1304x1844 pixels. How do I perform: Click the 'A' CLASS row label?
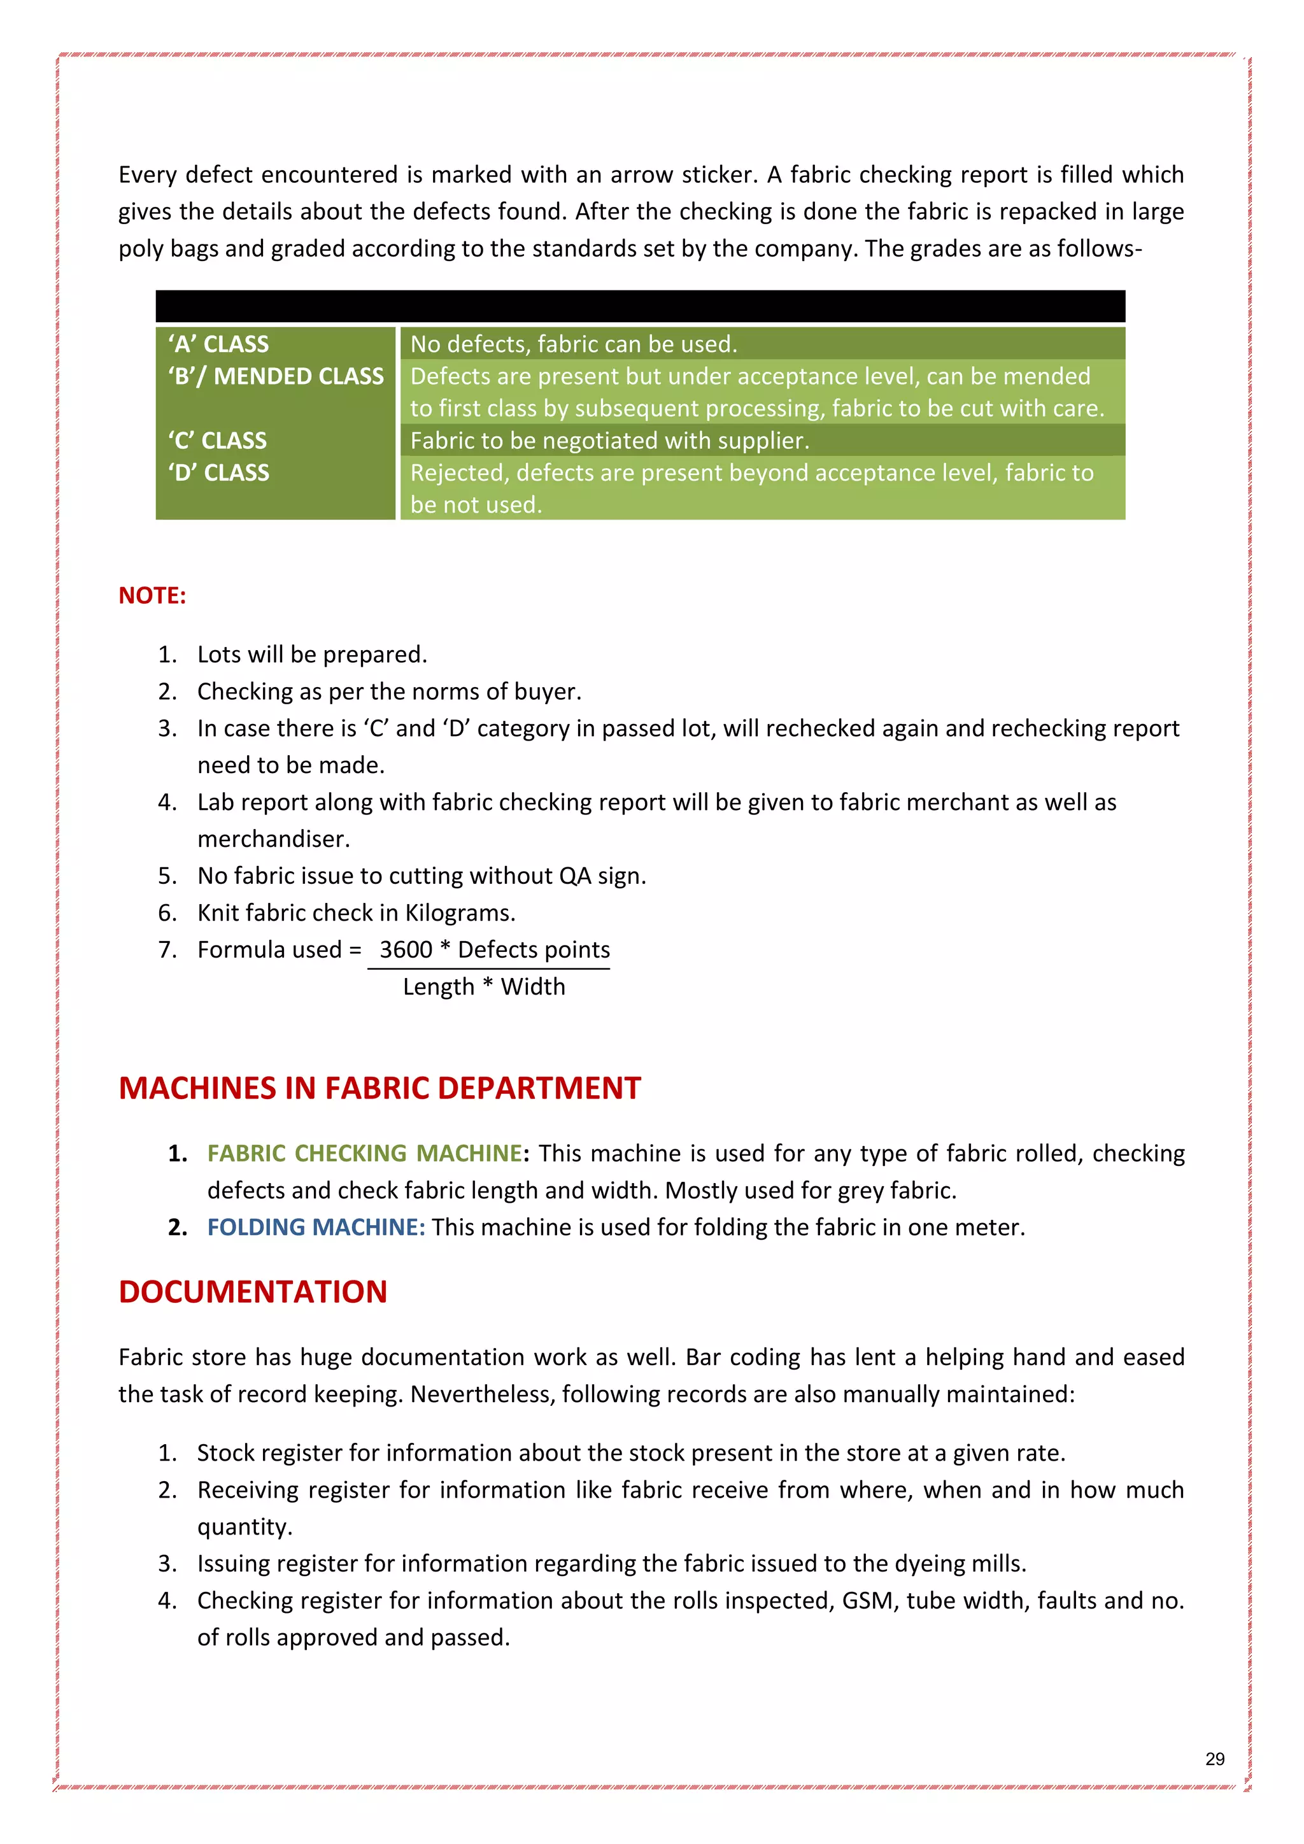[x=218, y=344]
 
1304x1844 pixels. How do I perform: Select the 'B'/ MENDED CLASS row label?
[x=276, y=376]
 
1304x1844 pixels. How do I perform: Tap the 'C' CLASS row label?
[x=218, y=440]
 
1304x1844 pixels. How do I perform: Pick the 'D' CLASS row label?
[x=218, y=472]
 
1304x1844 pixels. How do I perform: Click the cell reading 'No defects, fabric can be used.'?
[x=573, y=344]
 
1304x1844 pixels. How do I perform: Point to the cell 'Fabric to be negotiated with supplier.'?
[x=609, y=440]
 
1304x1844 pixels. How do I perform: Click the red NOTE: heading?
[x=152, y=595]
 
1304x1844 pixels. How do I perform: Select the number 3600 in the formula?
[x=406, y=949]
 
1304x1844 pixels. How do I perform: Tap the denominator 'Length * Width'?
[x=483, y=986]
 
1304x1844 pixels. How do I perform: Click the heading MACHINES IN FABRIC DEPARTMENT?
[x=379, y=1088]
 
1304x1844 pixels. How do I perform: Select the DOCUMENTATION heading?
[x=253, y=1292]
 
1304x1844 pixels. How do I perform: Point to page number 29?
[x=1215, y=1759]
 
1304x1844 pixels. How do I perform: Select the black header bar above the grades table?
[x=640, y=306]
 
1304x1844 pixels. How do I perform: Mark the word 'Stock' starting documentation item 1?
[x=225, y=1453]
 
